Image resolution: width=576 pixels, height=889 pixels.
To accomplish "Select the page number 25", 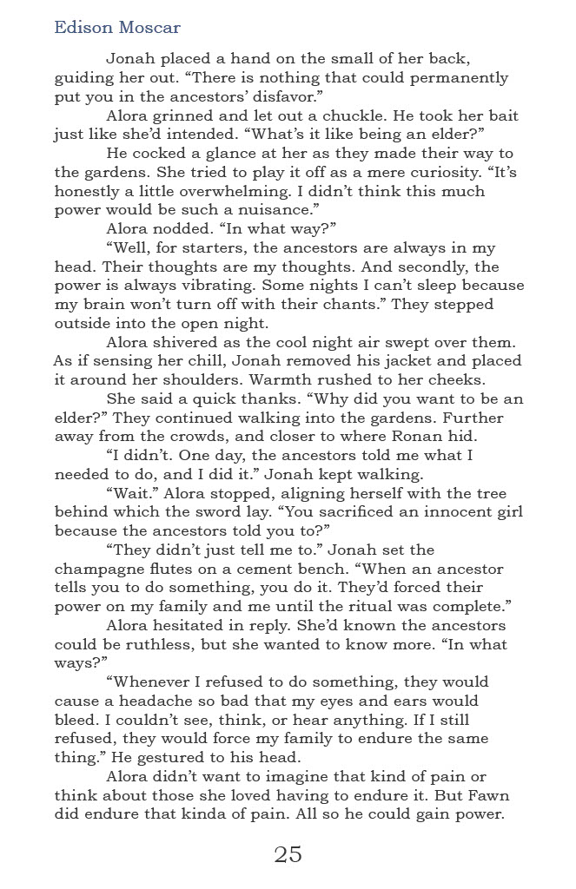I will pos(288,854).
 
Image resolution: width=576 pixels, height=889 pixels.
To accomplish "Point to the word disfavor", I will pos(314,97).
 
